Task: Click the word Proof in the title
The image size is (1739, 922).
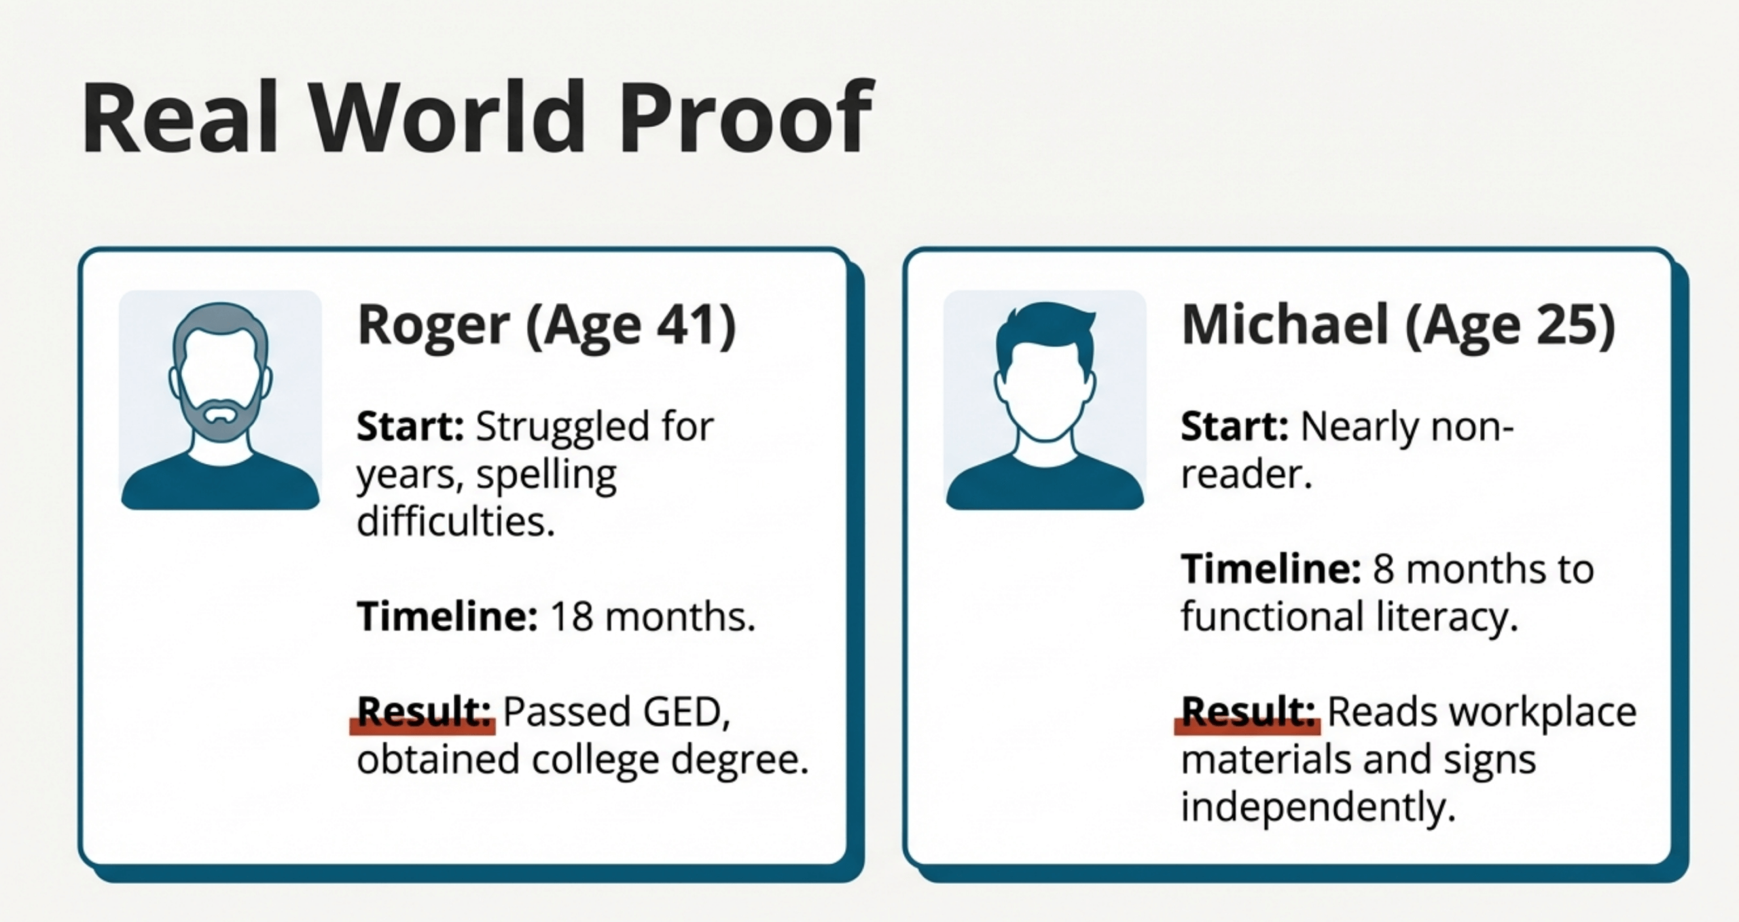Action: pos(746,118)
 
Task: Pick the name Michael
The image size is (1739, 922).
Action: pos(1285,325)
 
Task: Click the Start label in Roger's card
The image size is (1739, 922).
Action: pos(410,427)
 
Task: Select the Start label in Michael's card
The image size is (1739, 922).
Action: pos(1234,427)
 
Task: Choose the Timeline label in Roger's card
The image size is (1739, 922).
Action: pos(447,616)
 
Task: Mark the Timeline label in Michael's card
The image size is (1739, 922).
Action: pos(1271,569)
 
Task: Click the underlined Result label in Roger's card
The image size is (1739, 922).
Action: pos(424,712)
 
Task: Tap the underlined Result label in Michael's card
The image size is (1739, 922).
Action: pos(1249,712)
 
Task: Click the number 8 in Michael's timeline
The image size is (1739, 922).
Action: pos(1384,569)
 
